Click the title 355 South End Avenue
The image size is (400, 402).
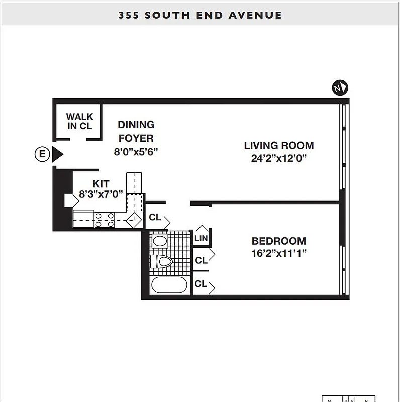[x=200, y=15]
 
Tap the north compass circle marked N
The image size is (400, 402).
[x=340, y=88]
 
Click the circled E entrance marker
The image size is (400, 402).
[x=42, y=154]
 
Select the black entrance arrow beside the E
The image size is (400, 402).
[x=57, y=154]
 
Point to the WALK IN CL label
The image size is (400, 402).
[x=79, y=122]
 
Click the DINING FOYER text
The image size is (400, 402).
[x=136, y=131]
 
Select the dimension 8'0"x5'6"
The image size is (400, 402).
[x=136, y=152]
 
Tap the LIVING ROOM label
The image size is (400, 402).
[x=278, y=146]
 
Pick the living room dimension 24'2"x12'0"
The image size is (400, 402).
[x=278, y=159]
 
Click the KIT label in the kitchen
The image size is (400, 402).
[x=101, y=184]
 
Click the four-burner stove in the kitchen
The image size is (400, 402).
[x=105, y=220]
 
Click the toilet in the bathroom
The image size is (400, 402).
[x=162, y=261]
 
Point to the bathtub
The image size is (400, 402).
[x=169, y=285]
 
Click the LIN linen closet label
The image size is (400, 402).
[x=201, y=238]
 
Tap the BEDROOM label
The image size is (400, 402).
[x=278, y=241]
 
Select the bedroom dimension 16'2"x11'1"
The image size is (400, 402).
[x=278, y=254]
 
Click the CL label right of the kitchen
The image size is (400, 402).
[x=155, y=218]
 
